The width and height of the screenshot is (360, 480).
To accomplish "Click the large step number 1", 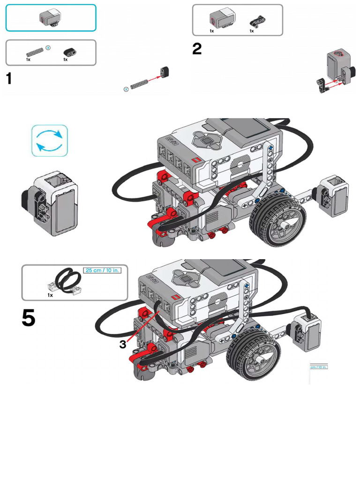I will click(9, 78).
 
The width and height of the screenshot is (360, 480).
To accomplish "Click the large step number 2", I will click(197, 48).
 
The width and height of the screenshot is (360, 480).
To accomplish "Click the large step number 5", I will click(28, 318).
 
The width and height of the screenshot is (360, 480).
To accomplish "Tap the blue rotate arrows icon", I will click(50, 141).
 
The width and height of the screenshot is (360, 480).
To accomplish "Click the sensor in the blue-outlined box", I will click(50, 18).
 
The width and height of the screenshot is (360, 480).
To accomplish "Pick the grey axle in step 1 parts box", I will click(35, 51).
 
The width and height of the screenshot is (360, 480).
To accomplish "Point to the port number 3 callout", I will click(122, 345).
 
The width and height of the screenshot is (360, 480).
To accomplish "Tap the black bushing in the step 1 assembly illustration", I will click(164, 72).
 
